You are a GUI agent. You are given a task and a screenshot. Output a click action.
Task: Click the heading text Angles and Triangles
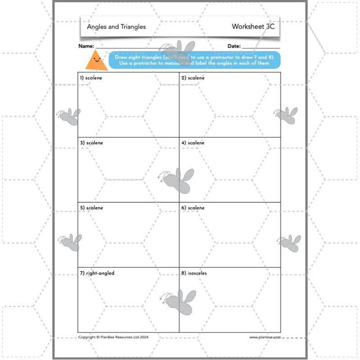pyautogui.click(x=116, y=27)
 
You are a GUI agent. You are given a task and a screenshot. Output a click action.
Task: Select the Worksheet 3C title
pyautogui.click(x=253, y=27)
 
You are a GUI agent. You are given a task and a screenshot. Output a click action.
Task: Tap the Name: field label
pyautogui.click(x=86, y=46)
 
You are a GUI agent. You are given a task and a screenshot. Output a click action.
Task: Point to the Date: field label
pyautogui.click(x=234, y=46)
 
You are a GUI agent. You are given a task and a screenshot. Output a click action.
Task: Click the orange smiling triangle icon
pyautogui.click(x=96, y=61)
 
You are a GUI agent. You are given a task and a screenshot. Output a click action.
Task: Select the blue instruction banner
pyautogui.click(x=194, y=60)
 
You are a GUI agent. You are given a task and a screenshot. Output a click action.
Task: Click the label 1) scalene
pyautogui.click(x=91, y=78)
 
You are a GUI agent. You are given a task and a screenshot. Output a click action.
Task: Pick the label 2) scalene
pyautogui.click(x=193, y=78)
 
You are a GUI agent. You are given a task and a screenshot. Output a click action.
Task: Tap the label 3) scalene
pyautogui.click(x=91, y=143)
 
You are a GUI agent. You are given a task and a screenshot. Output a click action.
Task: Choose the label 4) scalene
pyautogui.click(x=193, y=143)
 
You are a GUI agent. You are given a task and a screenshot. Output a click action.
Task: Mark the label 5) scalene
pyautogui.click(x=91, y=208)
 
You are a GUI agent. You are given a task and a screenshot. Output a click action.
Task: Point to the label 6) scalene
pyautogui.click(x=193, y=208)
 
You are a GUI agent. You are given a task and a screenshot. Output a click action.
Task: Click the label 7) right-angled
pyautogui.click(x=97, y=273)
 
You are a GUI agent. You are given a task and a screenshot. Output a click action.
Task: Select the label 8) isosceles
pyautogui.click(x=194, y=273)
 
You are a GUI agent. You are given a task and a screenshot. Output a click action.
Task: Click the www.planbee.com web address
pyautogui.click(x=265, y=337)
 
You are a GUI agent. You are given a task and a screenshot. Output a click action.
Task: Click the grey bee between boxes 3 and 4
pyautogui.click(x=178, y=180)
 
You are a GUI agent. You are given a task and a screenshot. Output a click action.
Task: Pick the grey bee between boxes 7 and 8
pyautogui.click(x=179, y=301)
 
